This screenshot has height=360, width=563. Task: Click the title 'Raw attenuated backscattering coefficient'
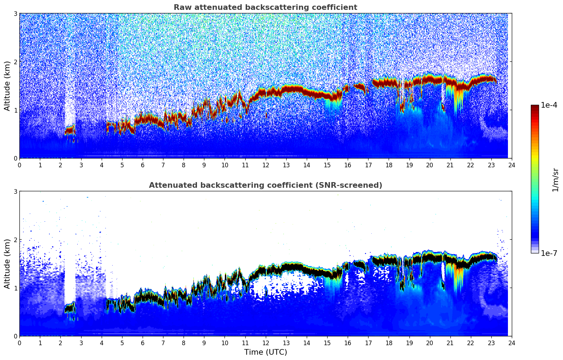tap(265, 7)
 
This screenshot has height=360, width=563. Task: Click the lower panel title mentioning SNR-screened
tap(265, 185)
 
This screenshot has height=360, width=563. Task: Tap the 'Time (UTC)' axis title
tap(265, 352)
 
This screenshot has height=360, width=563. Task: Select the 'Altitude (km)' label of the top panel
tap(7, 86)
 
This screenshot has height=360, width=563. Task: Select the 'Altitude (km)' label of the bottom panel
tap(7, 264)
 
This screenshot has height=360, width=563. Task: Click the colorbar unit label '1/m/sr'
tap(555, 180)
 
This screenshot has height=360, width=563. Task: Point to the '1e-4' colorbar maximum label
tap(549, 105)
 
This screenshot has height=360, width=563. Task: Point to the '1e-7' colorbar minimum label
tap(549, 253)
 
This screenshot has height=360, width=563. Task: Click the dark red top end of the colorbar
tap(535, 107)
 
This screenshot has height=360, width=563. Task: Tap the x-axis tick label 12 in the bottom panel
tap(265, 343)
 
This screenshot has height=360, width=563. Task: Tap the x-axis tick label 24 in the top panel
tap(512, 165)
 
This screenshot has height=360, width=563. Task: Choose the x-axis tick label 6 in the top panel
tap(143, 165)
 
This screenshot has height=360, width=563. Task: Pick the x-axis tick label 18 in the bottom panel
tap(389, 343)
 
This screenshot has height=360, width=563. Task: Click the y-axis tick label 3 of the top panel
tap(16, 14)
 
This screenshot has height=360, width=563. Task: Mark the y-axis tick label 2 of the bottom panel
tap(16, 240)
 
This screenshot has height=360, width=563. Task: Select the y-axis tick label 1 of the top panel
tap(16, 110)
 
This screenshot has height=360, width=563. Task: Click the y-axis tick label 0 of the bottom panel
tap(16, 336)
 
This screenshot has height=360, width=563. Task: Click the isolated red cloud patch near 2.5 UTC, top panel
tap(70, 130)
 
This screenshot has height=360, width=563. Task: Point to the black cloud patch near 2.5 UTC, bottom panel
tap(70, 308)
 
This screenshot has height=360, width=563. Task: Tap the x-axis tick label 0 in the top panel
tap(19, 165)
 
